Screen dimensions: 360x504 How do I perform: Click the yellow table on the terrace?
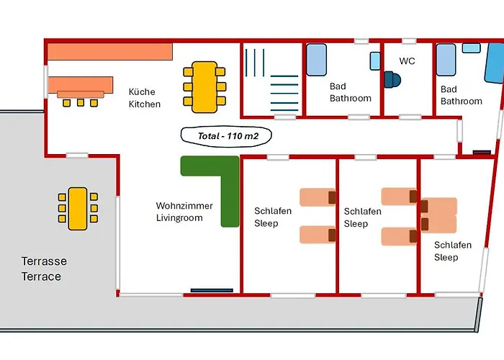[x=77, y=208]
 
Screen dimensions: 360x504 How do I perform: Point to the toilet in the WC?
[x=391, y=79]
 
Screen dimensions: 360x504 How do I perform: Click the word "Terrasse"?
[x=44, y=261]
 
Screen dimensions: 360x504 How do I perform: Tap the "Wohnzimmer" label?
[x=184, y=206]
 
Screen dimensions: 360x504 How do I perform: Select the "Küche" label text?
[x=142, y=92]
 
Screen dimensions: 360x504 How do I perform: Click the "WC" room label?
[x=408, y=61]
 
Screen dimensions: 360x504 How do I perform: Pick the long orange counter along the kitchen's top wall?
[x=110, y=51]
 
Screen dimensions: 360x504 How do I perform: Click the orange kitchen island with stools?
[x=81, y=87]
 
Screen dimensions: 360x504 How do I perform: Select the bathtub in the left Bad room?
[x=317, y=61]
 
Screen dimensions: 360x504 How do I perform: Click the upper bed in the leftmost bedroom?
[x=318, y=197]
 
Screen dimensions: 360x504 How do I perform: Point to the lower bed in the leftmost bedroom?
[x=318, y=234]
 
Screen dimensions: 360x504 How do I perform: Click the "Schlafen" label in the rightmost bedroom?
[x=453, y=245]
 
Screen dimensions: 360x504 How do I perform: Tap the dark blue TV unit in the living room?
[x=212, y=291]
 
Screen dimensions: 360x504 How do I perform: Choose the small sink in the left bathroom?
[x=375, y=60]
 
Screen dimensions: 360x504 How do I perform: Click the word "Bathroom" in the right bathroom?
[x=462, y=102]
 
